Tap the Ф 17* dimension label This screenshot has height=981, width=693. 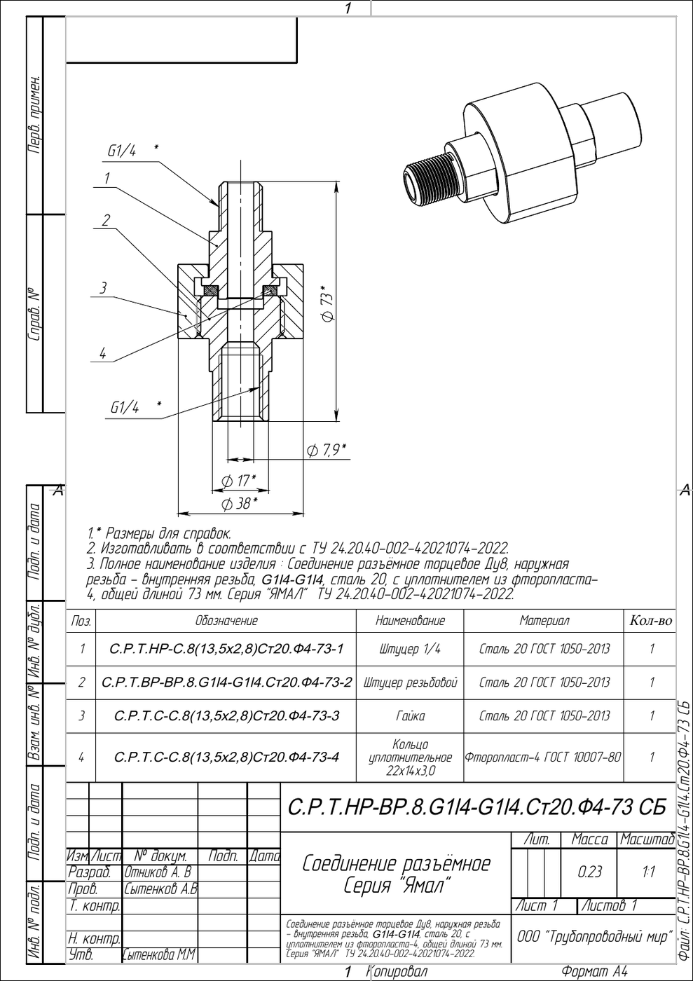(x=238, y=481)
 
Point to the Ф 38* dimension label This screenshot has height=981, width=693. (x=239, y=504)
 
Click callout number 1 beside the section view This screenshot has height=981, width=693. (x=107, y=178)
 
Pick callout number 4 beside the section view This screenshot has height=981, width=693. (x=102, y=353)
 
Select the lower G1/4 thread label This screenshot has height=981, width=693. (x=125, y=408)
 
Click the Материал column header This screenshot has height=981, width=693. (x=544, y=621)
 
